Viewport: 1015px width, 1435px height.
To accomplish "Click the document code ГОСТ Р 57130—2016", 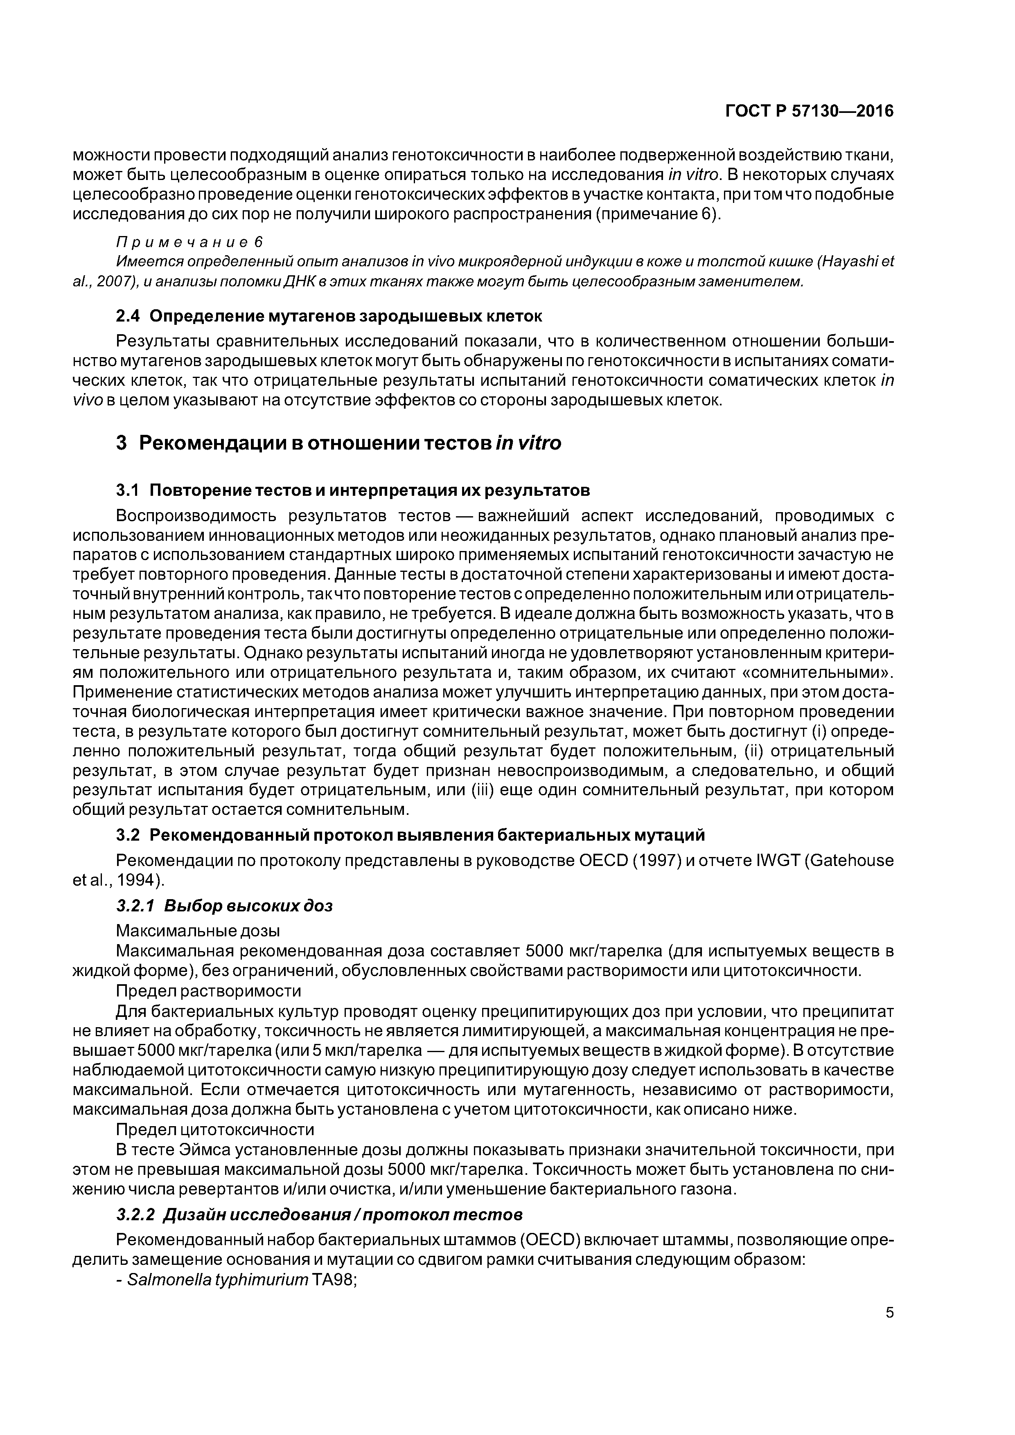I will (x=809, y=111).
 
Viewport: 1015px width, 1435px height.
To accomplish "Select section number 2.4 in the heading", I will (x=128, y=316).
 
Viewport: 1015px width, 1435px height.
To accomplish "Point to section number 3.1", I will (x=128, y=490).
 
